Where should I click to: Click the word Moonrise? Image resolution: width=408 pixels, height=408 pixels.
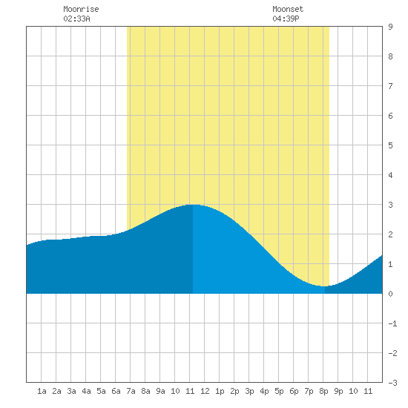pyautogui.click(x=81, y=9)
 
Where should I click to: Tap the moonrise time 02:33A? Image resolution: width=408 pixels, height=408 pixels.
pyautogui.click(x=76, y=19)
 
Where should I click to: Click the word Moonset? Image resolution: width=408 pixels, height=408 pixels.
pyautogui.click(x=288, y=9)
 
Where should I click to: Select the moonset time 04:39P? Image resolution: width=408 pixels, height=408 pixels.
pyautogui.click(x=286, y=19)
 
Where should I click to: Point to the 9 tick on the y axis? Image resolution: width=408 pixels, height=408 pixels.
pyautogui.click(x=390, y=27)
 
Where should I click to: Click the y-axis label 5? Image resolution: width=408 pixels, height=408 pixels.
pyautogui.click(x=390, y=145)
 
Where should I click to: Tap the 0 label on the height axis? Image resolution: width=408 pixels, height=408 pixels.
pyautogui.click(x=390, y=294)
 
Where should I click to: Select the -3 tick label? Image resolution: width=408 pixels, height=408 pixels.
pyautogui.click(x=393, y=383)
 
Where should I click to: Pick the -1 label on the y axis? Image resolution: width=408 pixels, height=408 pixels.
pyautogui.click(x=393, y=323)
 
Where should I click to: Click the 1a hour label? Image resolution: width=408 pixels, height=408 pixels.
pyautogui.click(x=42, y=391)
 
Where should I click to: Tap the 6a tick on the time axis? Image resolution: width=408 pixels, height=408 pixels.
pyautogui.click(x=116, y=391)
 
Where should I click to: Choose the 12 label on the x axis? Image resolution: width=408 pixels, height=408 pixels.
pyautogui.click(x=205, y=391)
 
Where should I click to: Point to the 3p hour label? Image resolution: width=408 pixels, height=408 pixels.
pyautogui.click(x=249, y=391)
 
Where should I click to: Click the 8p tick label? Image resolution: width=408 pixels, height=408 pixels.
pyautogui.click(x=323, y=391)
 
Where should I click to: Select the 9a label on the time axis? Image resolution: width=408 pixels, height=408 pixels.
pyautogui.click(x=160, y=391)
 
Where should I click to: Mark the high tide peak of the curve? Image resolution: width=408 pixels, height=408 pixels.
pyautogui.click(x=193, y=205)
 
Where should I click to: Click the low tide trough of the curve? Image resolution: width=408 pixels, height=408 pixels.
pyautogui.click(x=324, y=286)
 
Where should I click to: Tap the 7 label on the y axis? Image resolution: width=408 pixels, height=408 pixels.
pyautogui.click(x=390, y=86)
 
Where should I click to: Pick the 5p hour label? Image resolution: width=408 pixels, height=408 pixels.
pyautogui.click(x=279, y=391)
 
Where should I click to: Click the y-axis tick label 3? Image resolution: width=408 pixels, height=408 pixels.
pyautogui.click(x=390, y=205)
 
